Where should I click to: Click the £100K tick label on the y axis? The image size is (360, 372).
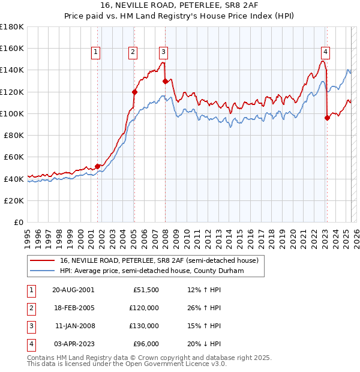pyautogui.click(x=12, y=113)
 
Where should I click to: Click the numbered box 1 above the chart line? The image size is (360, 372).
pyautogui.click(x=96, y=52)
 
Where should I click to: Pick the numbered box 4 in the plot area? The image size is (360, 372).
pyautogui.click(x=325, y=52)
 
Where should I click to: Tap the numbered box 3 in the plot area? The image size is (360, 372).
pyautogui.click(x=163, y=52)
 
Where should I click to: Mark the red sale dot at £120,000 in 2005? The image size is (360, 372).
pyautogui.click(x=134, y=92)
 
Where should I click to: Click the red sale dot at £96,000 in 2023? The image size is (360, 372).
pyautogui.click(x=327, y=118)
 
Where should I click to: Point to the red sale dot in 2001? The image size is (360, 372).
pyautogui.click(x=97, y=166)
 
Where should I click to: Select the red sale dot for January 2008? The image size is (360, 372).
pyautogui.click(x=165, y=81)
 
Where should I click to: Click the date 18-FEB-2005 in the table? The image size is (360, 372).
pyautogui.click(x=73, y=308)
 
